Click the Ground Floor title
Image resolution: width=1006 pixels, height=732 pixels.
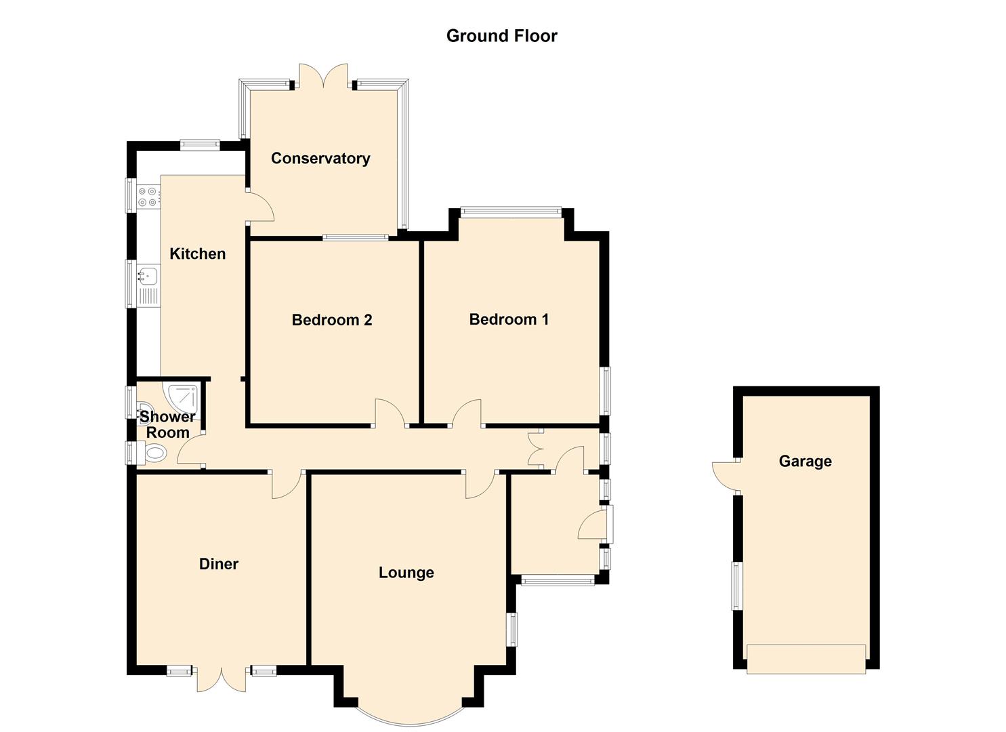pos(501,36)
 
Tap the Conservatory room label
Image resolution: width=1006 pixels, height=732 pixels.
pos(320,159)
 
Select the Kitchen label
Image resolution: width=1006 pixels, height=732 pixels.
pos(197,254)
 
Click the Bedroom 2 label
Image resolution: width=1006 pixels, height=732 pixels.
pos(332,320)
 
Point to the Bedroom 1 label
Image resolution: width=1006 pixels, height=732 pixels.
pos(509,319)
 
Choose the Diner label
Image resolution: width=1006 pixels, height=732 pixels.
pos(219,564)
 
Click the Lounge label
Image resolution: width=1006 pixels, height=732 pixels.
pos(406,573)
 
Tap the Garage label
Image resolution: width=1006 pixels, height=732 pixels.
pos(805,462)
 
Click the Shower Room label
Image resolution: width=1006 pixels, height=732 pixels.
pos(167,425)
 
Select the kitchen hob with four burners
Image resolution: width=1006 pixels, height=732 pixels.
pos(148,197)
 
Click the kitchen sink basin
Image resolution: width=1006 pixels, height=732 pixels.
pos(148,275)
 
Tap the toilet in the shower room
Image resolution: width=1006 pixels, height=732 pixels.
pos(154,453)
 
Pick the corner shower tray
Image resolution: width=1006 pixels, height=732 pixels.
pos(184,396)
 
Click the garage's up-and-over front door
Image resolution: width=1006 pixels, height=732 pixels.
pos(805,658)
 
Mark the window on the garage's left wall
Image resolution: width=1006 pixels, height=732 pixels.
pos(735,586)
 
